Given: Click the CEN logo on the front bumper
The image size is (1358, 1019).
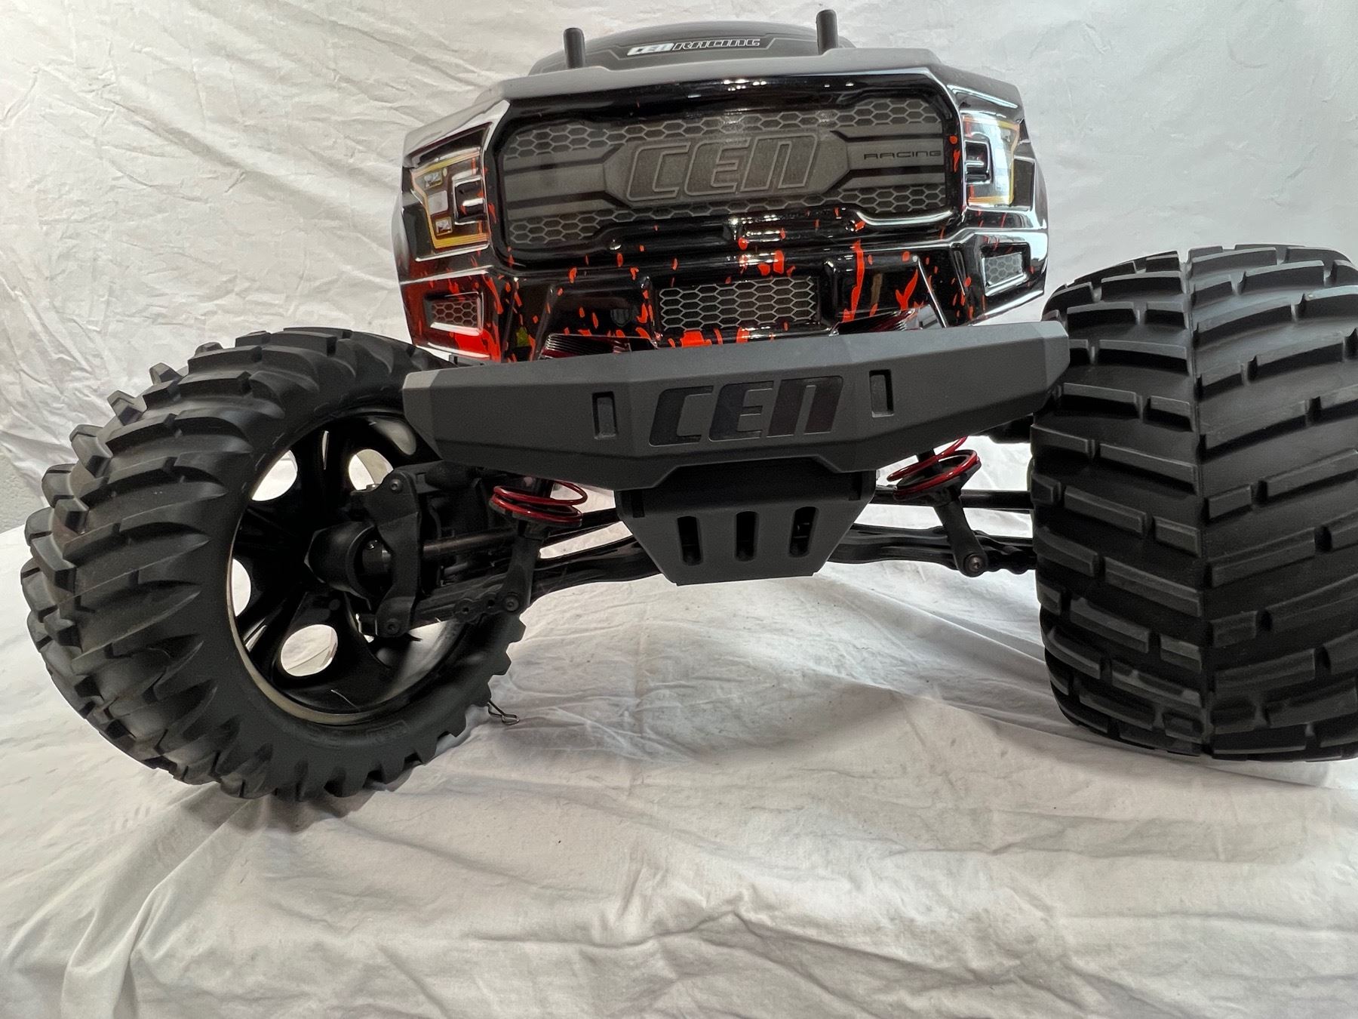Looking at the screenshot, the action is [x=745, y=410].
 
